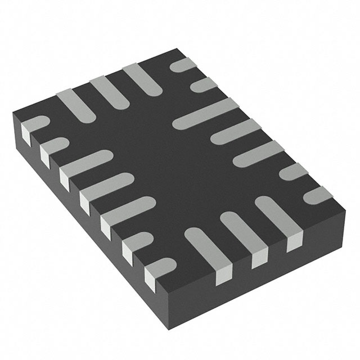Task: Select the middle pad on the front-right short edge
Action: tap(242, 231)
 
